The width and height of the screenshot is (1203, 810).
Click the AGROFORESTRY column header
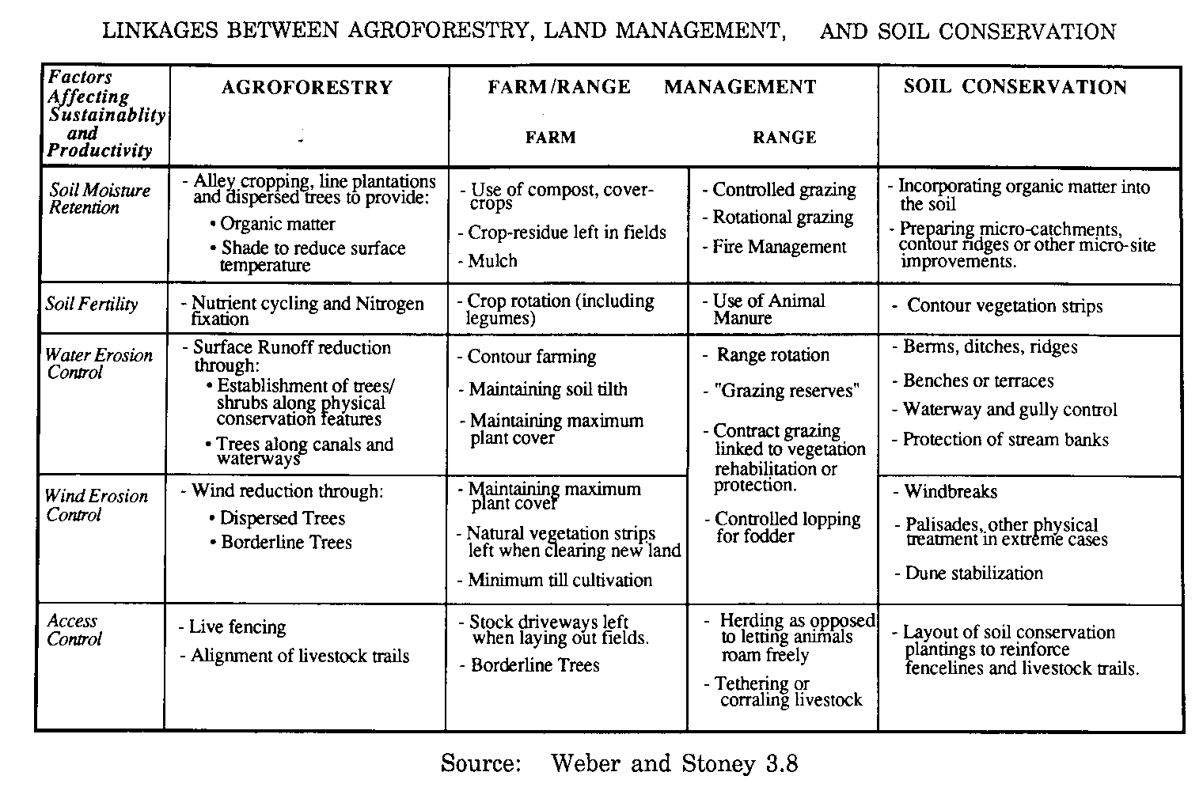coord(307,88)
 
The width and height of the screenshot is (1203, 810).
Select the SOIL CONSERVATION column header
coord(1015,87)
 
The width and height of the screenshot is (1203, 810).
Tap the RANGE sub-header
coord(784,138)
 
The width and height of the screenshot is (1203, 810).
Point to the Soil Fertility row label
coord(92,305)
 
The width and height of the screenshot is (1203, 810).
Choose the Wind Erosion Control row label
coord(97,505)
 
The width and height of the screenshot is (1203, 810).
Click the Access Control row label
coord(74,630)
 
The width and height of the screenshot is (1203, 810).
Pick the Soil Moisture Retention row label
coord(99,199)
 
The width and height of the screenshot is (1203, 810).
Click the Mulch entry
coord(492,261)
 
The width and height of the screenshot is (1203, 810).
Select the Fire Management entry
coord(779,247)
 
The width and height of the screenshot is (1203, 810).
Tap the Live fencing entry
coord(237,627)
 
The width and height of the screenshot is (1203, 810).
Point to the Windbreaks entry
coord(951,491)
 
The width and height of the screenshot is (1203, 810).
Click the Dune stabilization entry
coord(973,573)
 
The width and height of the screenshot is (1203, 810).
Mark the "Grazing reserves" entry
coord(787,391)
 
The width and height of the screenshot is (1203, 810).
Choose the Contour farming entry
coord(531,357)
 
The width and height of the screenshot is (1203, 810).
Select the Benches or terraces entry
coord(978,380)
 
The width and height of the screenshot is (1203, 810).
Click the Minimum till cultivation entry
coord(560,580)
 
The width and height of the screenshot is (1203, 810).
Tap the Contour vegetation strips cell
coord(1004,306)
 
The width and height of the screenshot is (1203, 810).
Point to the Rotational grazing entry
coord(783,218)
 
